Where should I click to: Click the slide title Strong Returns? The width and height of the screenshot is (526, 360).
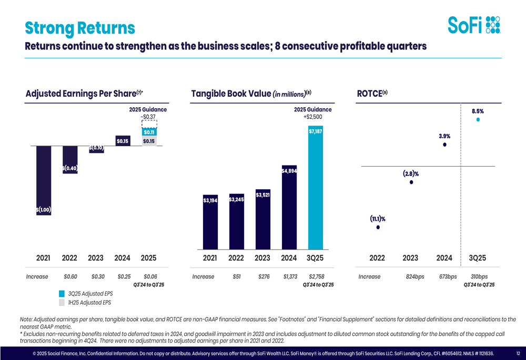[80, 27]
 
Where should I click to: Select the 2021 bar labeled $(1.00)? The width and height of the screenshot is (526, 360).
[43, 179]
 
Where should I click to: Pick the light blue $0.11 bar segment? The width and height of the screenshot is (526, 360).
[149, 132]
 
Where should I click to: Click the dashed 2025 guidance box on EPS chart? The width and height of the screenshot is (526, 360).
[149, 124]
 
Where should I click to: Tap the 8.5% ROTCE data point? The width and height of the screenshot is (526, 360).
[478, 119]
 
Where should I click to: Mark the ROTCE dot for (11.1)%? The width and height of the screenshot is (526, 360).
[378, 227]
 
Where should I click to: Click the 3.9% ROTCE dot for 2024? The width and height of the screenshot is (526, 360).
[444, 145]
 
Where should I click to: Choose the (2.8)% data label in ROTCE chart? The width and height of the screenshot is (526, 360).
[411, 173]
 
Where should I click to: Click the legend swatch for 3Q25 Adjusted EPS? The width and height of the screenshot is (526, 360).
[62, 293]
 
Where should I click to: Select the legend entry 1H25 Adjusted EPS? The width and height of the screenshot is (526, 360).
[90, 302]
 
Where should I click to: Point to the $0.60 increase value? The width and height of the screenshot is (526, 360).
[70, 276]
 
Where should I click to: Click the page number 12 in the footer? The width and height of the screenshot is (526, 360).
[518, 353]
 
